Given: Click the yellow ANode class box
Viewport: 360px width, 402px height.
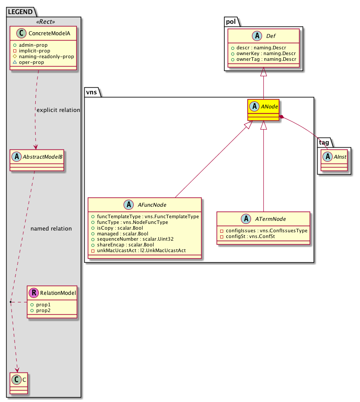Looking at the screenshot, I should (x=264, y=109).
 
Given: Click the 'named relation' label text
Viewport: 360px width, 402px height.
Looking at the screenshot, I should (x=51, y=229).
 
